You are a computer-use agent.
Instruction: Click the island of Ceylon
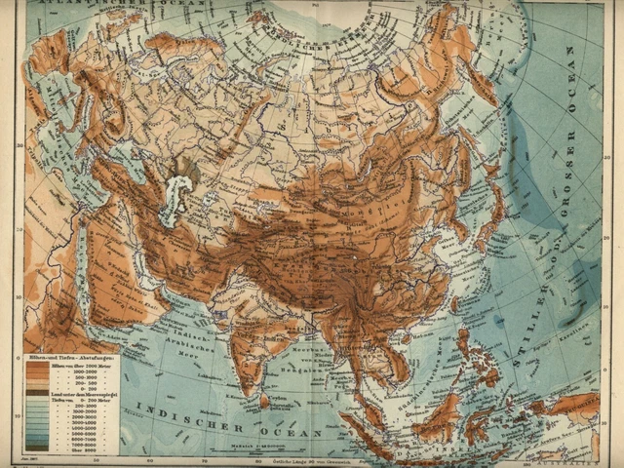(264, 400)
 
